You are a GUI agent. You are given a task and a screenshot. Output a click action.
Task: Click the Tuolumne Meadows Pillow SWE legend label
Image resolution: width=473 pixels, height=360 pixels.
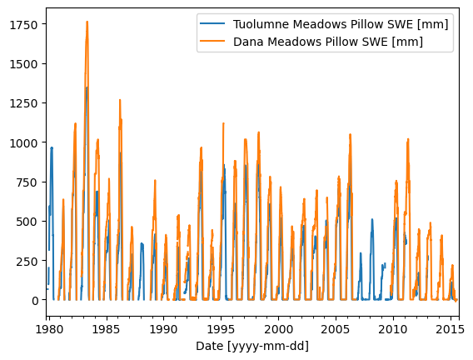[339, 24]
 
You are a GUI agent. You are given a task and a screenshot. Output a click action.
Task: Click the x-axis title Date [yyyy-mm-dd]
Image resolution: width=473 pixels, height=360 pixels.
[251, 346]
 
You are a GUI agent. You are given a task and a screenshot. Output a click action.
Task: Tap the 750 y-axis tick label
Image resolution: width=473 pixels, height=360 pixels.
[27, 182]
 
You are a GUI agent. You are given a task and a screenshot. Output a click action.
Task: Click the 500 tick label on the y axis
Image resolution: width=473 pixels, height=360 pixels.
[27, 222]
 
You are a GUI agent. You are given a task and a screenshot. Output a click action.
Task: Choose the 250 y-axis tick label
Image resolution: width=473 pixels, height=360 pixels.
[27, 261]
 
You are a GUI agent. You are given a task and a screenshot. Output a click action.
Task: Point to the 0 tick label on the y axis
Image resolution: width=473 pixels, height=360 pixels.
[34, 300]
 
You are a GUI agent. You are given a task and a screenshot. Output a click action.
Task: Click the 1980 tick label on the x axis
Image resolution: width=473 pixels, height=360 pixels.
[48, 329]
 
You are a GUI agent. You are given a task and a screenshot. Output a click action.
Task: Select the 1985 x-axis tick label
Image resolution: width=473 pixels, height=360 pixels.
[106, 329]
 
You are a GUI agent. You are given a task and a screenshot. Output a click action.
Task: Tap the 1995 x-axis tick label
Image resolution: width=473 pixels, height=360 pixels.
[221, 329]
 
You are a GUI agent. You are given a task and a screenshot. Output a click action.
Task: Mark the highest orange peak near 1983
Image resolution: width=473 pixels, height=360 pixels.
[87, 22]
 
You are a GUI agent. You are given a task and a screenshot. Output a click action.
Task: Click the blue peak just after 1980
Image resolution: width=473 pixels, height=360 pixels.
[52, 148]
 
